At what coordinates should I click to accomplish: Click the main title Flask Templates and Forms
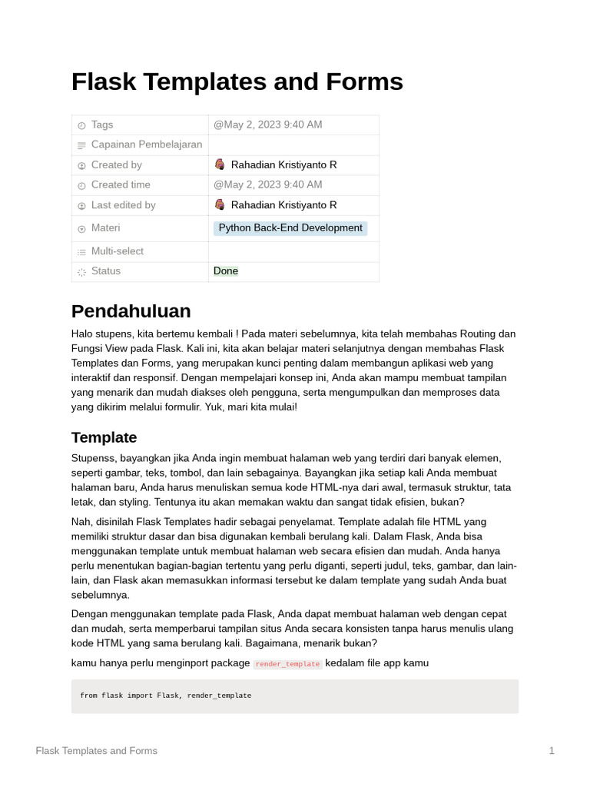point(237,81)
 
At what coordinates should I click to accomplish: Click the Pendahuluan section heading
point(131,311)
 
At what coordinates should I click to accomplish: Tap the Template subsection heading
point(104,437)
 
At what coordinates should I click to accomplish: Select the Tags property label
point(101,125)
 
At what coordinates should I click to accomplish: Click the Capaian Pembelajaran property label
point(146,144)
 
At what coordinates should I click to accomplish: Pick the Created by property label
point(116,164)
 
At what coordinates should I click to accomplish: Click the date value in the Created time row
point(267,184)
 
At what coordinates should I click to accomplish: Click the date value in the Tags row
point(267,125)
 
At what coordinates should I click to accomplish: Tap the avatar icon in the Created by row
point(220,164)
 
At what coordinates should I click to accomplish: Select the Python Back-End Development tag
point(290,228)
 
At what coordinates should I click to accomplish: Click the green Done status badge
point(226,271)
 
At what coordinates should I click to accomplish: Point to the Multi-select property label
point(117,251)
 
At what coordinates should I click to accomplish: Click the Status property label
point(105,271)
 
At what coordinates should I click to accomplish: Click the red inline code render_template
point(287,664)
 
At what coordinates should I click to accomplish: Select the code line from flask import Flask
point(165,696)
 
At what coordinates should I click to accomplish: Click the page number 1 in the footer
point(552,751)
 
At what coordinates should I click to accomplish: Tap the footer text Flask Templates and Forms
point(96,751)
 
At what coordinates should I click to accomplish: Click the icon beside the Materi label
point(81,229)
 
